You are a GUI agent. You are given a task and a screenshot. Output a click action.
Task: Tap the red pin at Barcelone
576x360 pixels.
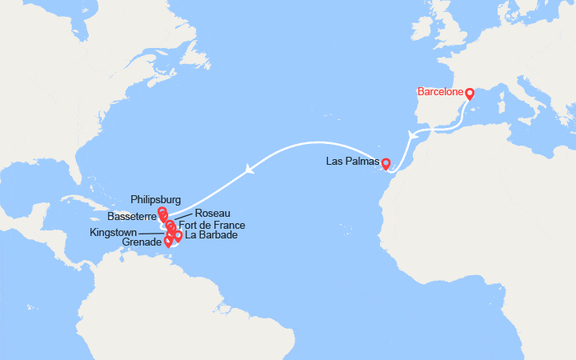coord(470,93)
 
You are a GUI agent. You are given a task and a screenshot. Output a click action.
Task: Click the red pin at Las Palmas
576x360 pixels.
coord(386,164)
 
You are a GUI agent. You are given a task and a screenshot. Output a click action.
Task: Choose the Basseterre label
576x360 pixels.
coord(131,217)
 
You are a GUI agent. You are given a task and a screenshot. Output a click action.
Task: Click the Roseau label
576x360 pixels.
coord(213,214)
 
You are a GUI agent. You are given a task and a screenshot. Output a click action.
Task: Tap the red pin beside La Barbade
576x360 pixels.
coord(178,235)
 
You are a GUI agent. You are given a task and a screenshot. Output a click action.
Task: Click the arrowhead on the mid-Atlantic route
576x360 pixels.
coord(250,168)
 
